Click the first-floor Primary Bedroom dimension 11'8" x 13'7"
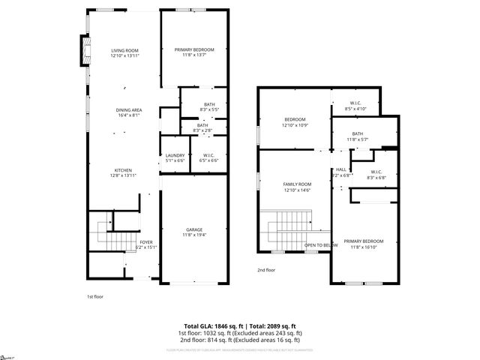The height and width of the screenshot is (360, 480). pos(194,55)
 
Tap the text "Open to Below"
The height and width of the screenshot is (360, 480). pos(320,245)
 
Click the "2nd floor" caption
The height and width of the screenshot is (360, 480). pos(266,269)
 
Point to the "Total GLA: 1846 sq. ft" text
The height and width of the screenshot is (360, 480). pos(210,326)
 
